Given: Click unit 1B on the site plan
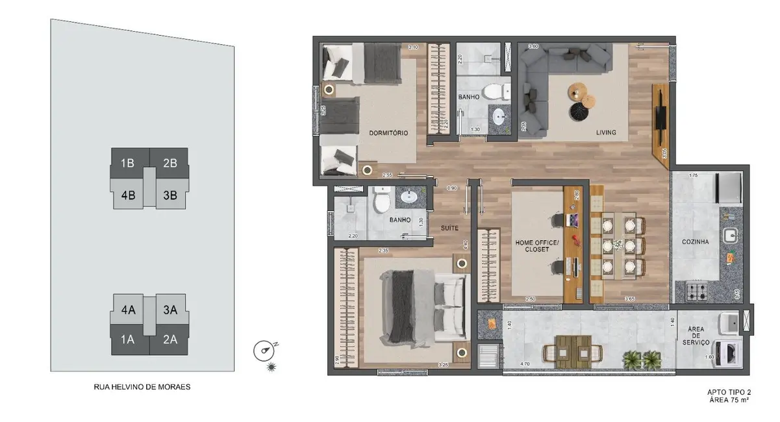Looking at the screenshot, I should [127, 163].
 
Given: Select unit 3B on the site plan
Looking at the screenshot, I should [170, 194].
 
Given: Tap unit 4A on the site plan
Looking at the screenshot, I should [128, 310].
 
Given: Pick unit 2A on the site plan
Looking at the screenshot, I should [170, 340].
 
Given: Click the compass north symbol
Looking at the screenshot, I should [263, 351].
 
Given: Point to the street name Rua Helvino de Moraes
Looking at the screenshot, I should [142, 387].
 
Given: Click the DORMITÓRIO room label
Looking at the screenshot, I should [388, 133].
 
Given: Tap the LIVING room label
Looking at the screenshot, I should [606, 133].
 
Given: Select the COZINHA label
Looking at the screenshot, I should [695, 242].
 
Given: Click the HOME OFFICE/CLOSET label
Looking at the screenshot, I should [533, 245].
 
